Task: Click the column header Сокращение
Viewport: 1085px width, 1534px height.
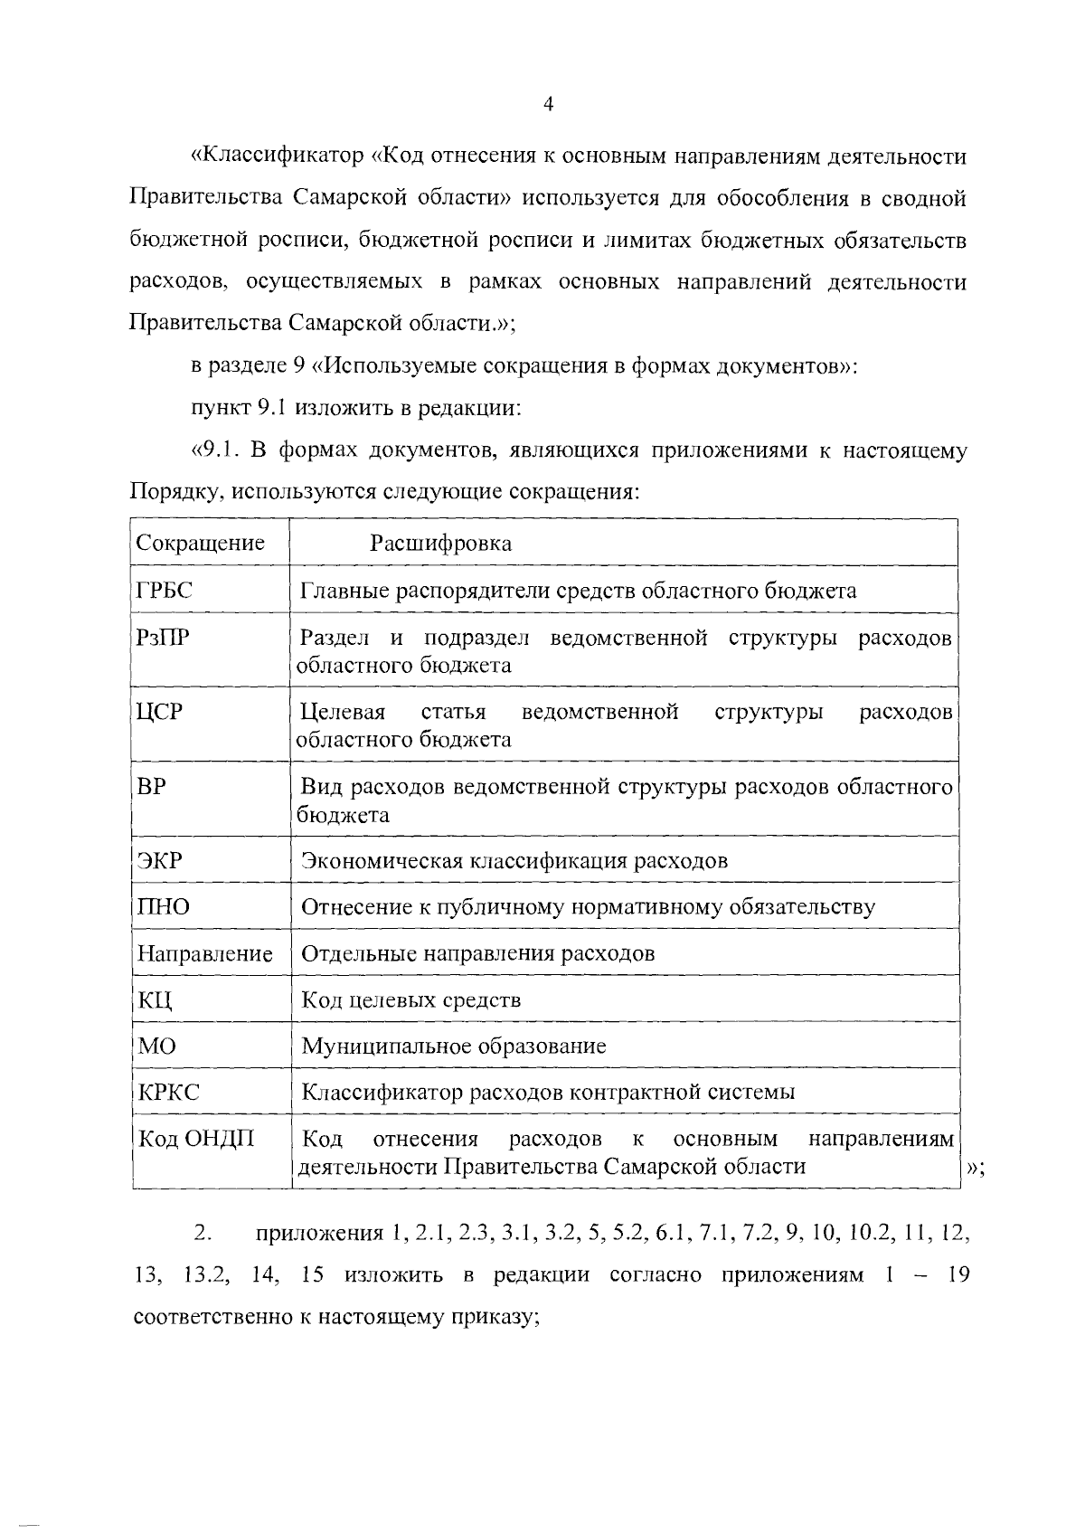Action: click(200, 543)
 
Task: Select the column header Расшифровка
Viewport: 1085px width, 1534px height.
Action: click(440, 543)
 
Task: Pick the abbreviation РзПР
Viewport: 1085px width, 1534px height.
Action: click(163, 638)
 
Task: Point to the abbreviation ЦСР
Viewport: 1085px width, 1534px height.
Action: click(160, 712)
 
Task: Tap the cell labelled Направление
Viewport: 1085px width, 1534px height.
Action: click(205, 953)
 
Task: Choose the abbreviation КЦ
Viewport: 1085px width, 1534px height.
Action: click(155, 1000)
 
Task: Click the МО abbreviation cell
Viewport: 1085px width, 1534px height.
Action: click(157, 1046)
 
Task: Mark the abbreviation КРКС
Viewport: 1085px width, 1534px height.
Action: click(168, 1093)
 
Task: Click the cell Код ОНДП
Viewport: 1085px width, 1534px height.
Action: click(195, 1139)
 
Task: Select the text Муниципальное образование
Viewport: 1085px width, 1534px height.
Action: click(453, 1046)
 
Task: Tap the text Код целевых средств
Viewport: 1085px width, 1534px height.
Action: click(410, 1000)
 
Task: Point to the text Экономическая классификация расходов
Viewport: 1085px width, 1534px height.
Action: click(514, 860)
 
